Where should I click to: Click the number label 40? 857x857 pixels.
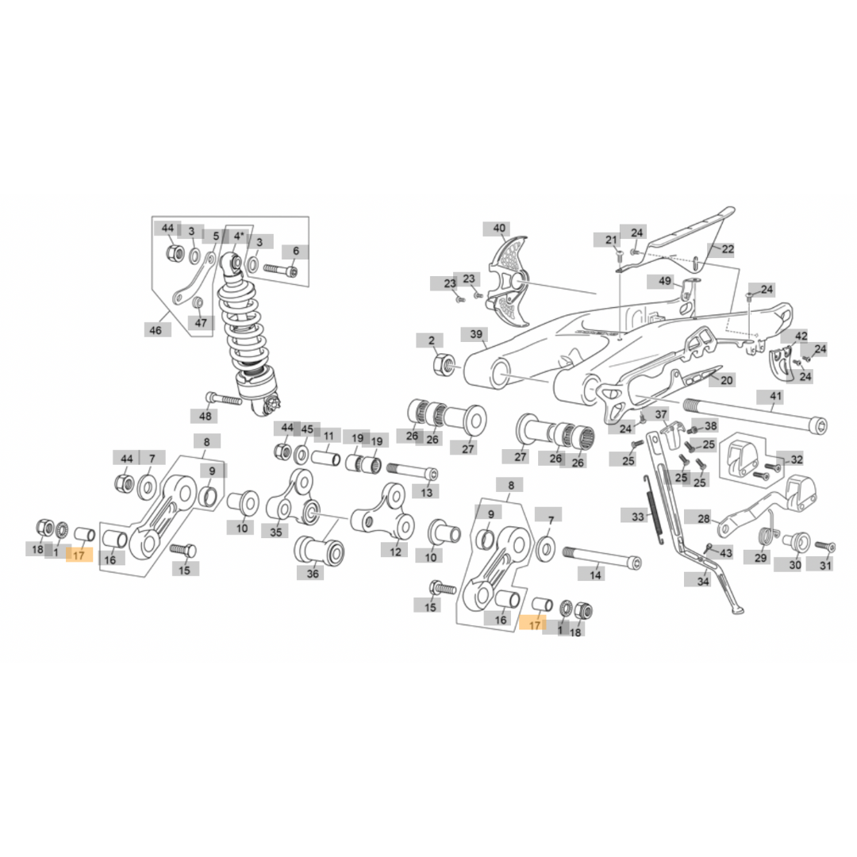[x=499, y=229]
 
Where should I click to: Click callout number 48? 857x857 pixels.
[x=206, y=416]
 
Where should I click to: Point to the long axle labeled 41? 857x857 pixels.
[x=754, y=414]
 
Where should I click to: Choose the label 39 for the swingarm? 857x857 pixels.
[x=477, y=334]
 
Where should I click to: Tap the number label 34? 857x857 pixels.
[x=702, y=581]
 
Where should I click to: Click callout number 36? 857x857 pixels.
[x=313, y=573]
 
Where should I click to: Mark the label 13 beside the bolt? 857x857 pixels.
[x=428, y=493]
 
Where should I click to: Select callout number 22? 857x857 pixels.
[x=728, y=248]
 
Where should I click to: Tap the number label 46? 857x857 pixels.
[x=157, y=329]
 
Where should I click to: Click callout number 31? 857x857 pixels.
[x=826, y=565]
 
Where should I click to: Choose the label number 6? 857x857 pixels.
[x=296, y=251]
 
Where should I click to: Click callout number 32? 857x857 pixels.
[x=796, y=459]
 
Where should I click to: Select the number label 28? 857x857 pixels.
[x=704, y=518]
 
